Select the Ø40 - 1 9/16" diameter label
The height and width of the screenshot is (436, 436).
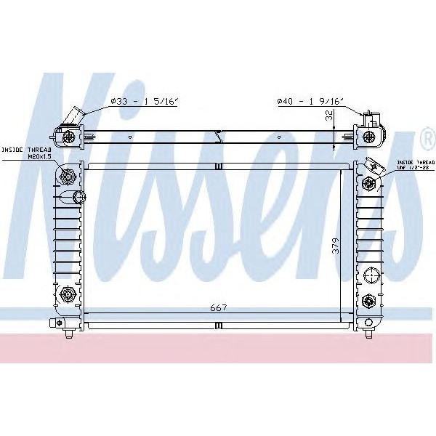[312, 102]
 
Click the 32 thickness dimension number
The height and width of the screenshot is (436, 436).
[329, 116]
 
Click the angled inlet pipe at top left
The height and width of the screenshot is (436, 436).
[73, 116]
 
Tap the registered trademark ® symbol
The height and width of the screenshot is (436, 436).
[426, 137]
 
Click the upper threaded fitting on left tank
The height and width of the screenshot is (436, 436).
[69, 175]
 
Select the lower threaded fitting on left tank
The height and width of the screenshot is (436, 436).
[70, 294]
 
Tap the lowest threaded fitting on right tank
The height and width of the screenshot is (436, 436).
[368, 300]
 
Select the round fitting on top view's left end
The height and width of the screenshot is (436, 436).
[68, 136]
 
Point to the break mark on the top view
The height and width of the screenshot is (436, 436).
[217, 135]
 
